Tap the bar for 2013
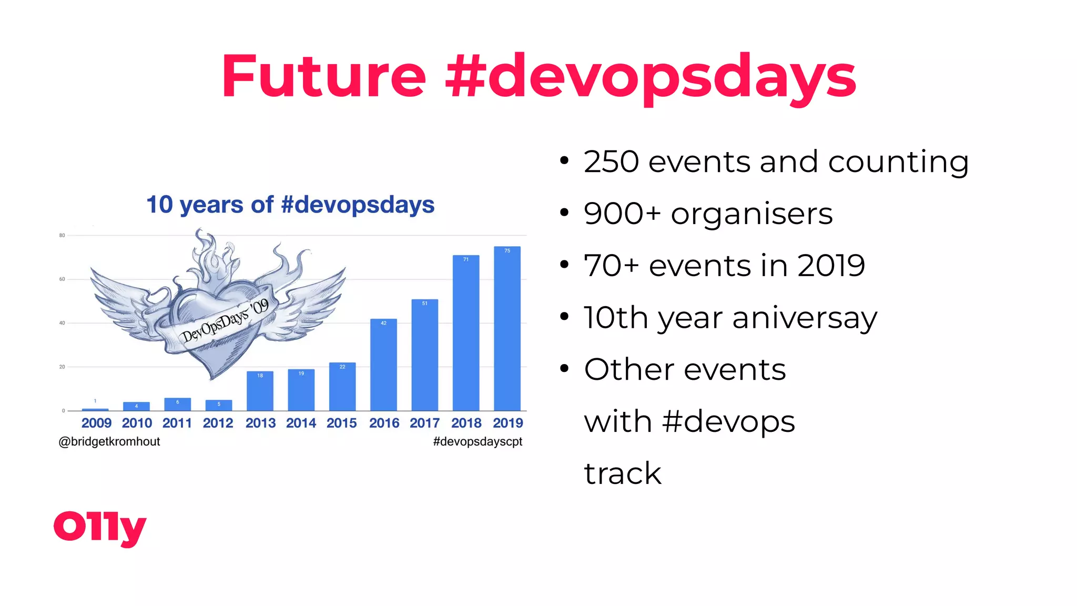[260, 391]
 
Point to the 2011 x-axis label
[177, 423]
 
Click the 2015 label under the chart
[341, 423]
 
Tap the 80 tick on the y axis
[62, 236]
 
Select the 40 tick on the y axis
[62, 323]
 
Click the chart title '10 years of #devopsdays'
[290, 205]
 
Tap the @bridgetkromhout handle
[109, 441]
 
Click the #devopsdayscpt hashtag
[477, 441]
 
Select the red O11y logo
[100, 527]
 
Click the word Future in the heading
[323, 76]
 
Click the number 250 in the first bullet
[611, 161]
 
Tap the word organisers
[751, 214]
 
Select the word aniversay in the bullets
[805, 318]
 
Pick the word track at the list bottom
[623, 473]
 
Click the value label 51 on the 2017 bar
[425, 304]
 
